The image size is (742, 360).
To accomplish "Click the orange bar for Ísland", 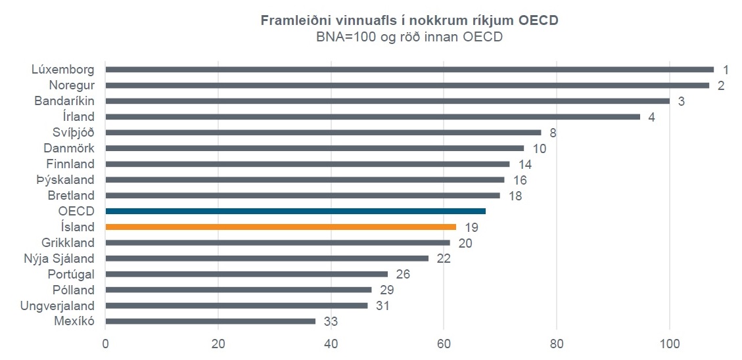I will [x=281, y=227].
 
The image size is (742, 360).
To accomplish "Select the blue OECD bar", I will [x=295, y=211].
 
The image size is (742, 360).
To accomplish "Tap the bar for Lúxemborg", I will [x=409, y=69].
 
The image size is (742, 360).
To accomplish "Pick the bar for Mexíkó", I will [x=210, y=321].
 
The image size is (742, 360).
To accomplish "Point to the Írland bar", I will [x=372, y=116].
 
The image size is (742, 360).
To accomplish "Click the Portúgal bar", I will [x=246, y=274].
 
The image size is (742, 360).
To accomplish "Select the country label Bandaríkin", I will [x=64, y=101].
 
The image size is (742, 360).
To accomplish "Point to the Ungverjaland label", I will [x=57, y=305].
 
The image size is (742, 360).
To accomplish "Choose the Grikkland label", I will [x=68, y=242].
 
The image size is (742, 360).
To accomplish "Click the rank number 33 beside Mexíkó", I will [x=331, y=322].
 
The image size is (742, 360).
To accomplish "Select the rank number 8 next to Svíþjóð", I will [x=553, y=133].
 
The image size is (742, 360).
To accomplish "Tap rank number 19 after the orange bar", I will [x=471, y=227].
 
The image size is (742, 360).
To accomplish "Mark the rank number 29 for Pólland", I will [x=386, y=290].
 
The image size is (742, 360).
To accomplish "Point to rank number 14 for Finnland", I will [x=524, y=164].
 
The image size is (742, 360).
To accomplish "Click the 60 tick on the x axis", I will [x=444, y=343].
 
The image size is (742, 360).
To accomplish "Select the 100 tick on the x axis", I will [x=669, y=343].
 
